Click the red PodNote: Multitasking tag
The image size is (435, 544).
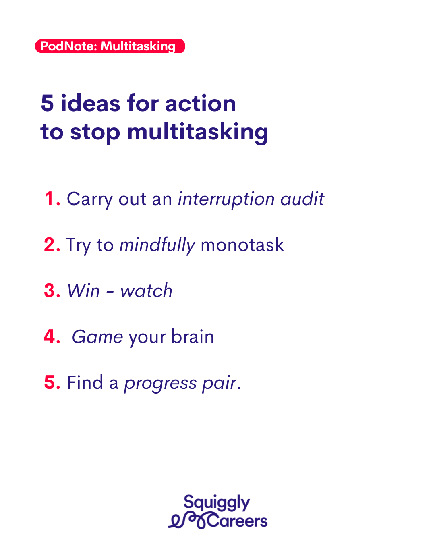point(110,46)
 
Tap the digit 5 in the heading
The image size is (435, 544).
point(47,103)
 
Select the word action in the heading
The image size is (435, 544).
point(201,103)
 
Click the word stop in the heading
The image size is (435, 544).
point(95,133)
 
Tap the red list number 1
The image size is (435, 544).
point(52,199)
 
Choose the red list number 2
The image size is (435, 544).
point(52,245)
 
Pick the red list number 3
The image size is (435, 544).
point(52,291)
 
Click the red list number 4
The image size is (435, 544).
point(52,336)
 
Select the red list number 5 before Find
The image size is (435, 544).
point(52,382)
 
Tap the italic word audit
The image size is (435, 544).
point(302,199)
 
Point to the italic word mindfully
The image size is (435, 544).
point(157,245)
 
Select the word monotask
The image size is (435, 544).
point(242,245)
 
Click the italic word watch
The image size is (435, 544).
point(146,291)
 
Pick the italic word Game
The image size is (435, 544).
point(97,337)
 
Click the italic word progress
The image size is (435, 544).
point(160,384)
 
